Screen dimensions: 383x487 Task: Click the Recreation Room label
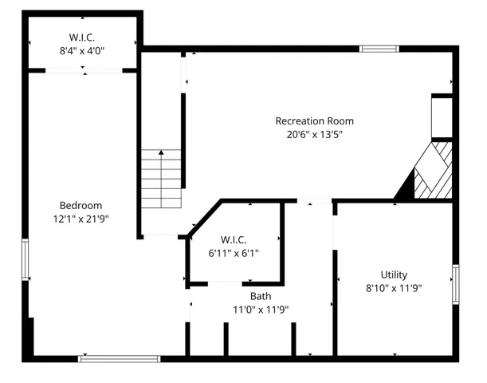[314, 121]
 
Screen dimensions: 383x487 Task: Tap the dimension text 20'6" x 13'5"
[314, 135]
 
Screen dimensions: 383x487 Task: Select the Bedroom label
[81, 205]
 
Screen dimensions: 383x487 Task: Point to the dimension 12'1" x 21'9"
[81, 219]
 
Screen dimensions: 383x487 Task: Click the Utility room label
[393, 274]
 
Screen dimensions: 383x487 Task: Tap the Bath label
[260, 296]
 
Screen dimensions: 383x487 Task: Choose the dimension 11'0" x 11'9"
[260, 310]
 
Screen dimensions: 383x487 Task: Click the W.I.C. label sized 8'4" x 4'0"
[82, 37]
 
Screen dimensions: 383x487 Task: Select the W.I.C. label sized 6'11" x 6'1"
[233, 239]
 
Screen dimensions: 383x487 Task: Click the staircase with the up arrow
[162, 179]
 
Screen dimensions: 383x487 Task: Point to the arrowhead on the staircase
[162, 152]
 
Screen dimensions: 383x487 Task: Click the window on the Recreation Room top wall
[379, 49]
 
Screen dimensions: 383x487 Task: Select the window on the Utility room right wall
[456, 285]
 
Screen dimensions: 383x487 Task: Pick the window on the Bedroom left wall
[26, 260]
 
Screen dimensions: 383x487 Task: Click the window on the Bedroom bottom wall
[113, 358]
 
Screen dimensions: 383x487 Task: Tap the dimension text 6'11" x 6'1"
[233, 253]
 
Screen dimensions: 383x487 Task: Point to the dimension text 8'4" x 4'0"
[82, 50]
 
